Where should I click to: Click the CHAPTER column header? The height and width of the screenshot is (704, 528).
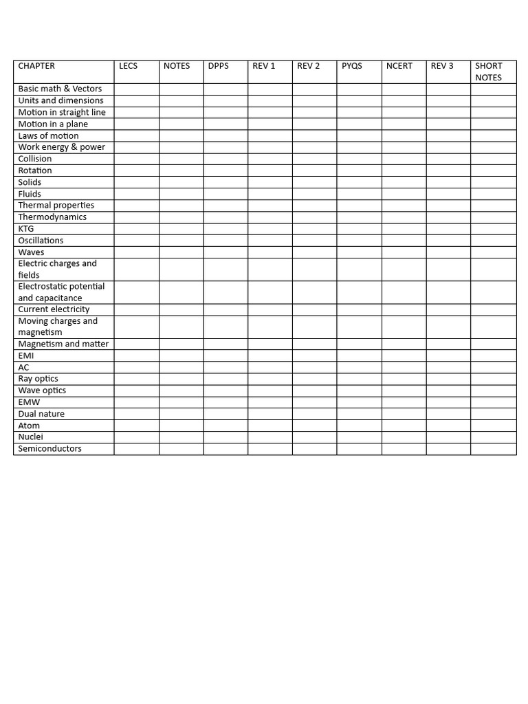click(36, 66)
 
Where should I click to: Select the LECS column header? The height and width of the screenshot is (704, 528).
click(128, 66)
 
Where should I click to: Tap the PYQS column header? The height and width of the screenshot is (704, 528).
click(351, 66)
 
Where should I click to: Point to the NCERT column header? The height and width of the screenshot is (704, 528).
click(399, 66)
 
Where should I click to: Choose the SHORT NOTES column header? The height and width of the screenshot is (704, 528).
click(489, 71)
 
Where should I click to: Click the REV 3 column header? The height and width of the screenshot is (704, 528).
click(442, 66)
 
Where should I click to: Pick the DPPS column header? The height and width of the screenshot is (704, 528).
click(219, 66)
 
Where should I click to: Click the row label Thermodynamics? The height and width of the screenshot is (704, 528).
click(52, 217)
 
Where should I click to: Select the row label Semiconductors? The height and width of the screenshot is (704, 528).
click(49, 449)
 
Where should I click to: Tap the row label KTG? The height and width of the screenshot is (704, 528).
click(26, 229)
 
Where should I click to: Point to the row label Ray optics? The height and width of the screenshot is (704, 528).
click(38, 379)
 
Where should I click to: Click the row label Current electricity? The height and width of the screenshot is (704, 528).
click(54, 310)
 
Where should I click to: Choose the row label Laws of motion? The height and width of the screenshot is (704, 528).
click(48, 136)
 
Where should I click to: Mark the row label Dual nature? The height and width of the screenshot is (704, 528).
click(41, 414)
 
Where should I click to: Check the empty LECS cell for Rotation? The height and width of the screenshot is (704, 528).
click(136, 170)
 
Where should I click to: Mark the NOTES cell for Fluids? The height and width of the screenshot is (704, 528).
click(181, 194)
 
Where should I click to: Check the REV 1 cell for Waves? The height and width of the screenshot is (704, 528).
click(270, 252)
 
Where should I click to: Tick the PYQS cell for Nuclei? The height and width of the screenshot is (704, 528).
click(360, 437)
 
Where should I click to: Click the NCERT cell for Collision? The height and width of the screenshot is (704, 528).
click(404, 159)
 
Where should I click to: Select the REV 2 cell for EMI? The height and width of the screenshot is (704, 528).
click(315, 356)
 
